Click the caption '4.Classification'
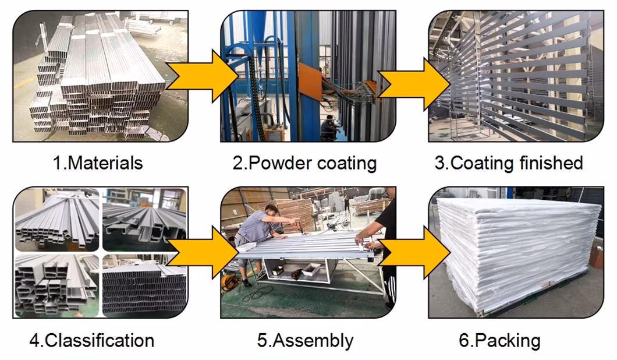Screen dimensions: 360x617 pyautogui.click(x=91, y=340)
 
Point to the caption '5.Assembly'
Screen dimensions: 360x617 pyautogui.click(x=305, y=340)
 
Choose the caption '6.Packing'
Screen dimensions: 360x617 pyautogui.click(x=499, y=340)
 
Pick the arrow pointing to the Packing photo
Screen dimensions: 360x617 pyautogui.click(x=414, y=252)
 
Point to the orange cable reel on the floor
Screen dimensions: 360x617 pyautogui.click(x=229, y=283)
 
